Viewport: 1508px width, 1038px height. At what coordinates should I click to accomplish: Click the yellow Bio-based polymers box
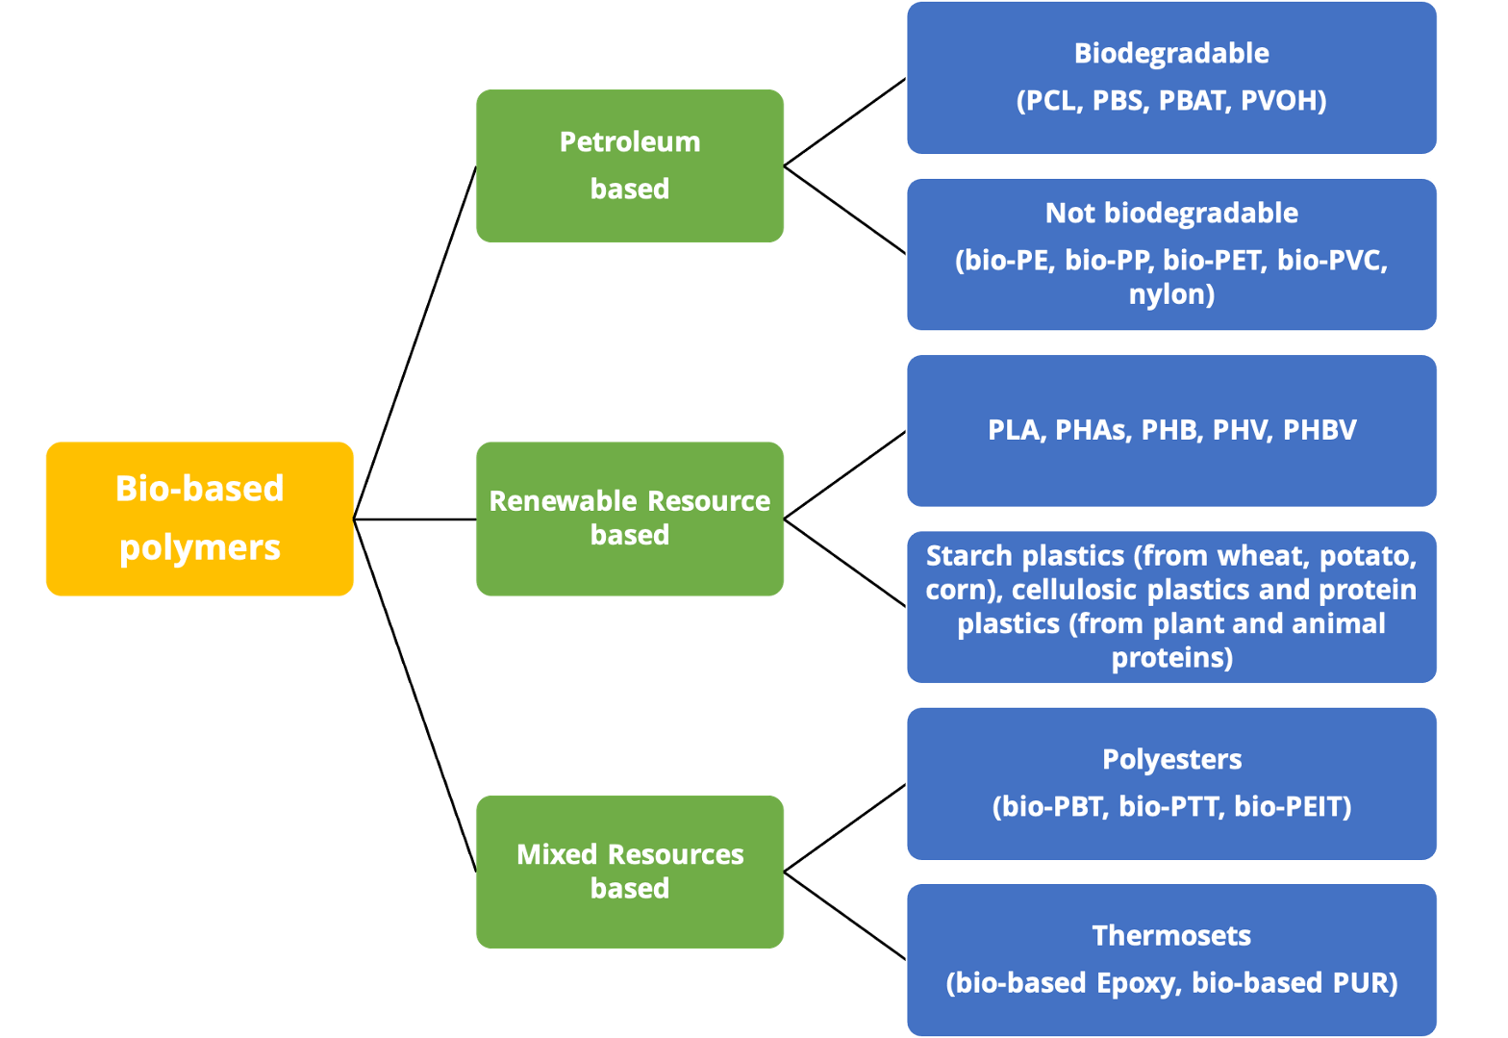pyautogui.click(x=199, y=519)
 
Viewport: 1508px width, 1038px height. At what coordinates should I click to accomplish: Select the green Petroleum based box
pyautogui.click(x=629, y=165)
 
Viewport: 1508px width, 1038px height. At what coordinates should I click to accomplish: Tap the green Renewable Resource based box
pyautogui.click(x=629, y=519)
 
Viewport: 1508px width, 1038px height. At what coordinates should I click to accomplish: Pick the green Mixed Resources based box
pyautogui.click(x=629, y=871)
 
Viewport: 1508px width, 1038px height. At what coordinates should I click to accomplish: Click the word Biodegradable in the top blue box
pyautogui.click(x=1170, y=53)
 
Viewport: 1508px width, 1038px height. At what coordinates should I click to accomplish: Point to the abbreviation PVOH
pyautogui.click(x=1281, y=100)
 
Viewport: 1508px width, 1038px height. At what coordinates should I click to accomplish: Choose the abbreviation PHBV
pyautogui.click(x=1319, y=430)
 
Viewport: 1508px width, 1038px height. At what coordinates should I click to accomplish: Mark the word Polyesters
pyautogui.click(x=1171, y=759)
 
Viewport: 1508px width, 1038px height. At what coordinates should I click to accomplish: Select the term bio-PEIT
pyautogui.click(x=1291, y=806)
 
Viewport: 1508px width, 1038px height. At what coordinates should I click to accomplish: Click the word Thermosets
pyautogui.click(x=1171, y=935)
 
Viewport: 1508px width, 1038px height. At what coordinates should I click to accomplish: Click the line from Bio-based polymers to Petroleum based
pyautogui.click(x=415, y=342)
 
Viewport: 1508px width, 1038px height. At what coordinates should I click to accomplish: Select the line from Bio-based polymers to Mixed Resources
pyautogui.click(x=415, y=696)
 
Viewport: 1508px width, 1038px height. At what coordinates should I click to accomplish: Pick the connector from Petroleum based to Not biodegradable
pyautogui.click(x=845, y=210)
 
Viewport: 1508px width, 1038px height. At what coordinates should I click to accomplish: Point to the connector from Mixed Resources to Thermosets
pyautogui.click(x=845, y=916)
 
